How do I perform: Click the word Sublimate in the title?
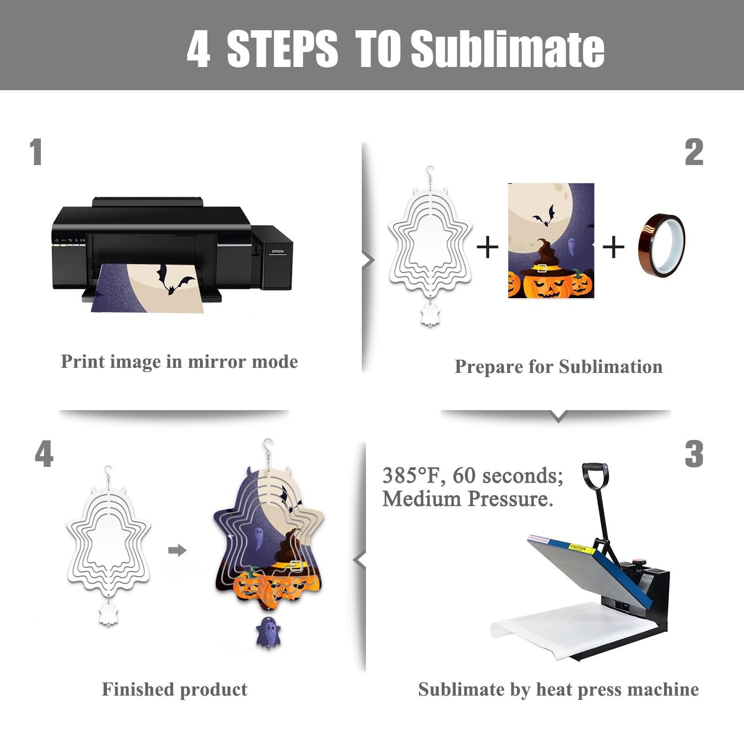(x=507, y=48)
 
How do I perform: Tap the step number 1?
(x=36, y=152)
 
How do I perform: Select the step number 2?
(x=694, y=152)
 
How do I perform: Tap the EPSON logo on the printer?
(x=278, y=252)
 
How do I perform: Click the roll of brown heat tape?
(x=661, y=245)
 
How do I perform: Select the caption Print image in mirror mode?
(x=179, y=362)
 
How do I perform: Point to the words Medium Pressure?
(x=468, y=499)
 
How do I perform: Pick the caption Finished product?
(x=175, y=689)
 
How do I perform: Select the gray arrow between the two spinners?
(x=177, y=551)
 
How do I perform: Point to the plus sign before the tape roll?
(x=613, y=246)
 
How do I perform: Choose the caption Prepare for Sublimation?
(x=558, y=366)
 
